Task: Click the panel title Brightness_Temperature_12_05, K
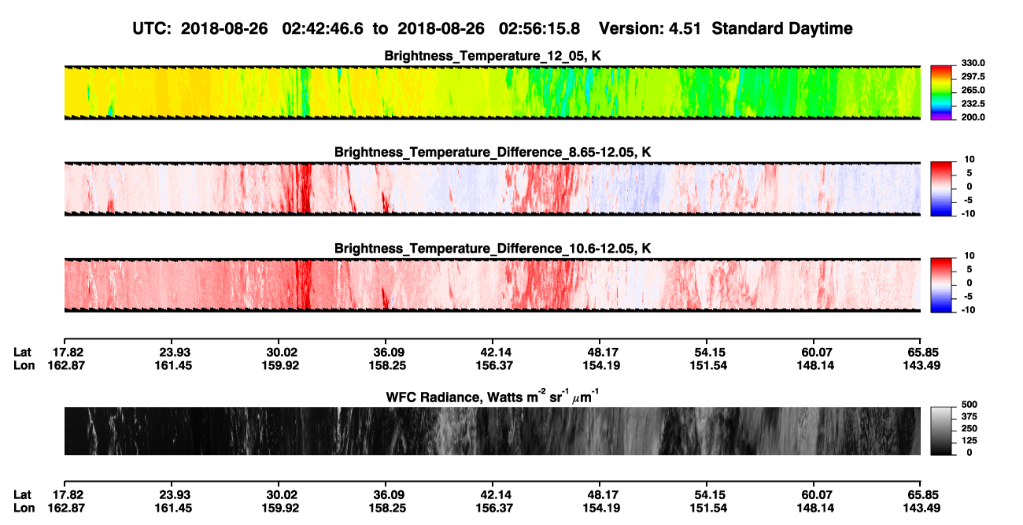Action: pos(493,56)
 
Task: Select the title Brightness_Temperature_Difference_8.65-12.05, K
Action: pos(493,152)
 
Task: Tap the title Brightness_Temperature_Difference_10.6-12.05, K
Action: pos(493,249)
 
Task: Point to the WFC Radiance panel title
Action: pos(493,397)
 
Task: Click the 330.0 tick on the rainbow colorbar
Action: pos(973,63)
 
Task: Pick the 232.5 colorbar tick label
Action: pos(973,104)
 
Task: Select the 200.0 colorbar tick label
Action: pos(973,117)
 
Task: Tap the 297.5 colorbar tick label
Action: pos(973,77)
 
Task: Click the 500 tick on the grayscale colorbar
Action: pos(969,405)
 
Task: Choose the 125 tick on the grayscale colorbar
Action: pos(969,441)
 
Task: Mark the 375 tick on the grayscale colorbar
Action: pos(969,416)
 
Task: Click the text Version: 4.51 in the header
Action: pos(650,28)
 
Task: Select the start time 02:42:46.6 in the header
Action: pos(323,28)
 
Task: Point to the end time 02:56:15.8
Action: pos(539,28)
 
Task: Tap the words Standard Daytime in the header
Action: pos(782,28)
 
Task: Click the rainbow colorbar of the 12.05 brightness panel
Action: pos(941,93)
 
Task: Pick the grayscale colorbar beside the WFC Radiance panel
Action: pos(941,431)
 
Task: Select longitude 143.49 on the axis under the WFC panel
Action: pos(921,508)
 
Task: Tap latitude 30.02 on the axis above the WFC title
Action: pos(282,353)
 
